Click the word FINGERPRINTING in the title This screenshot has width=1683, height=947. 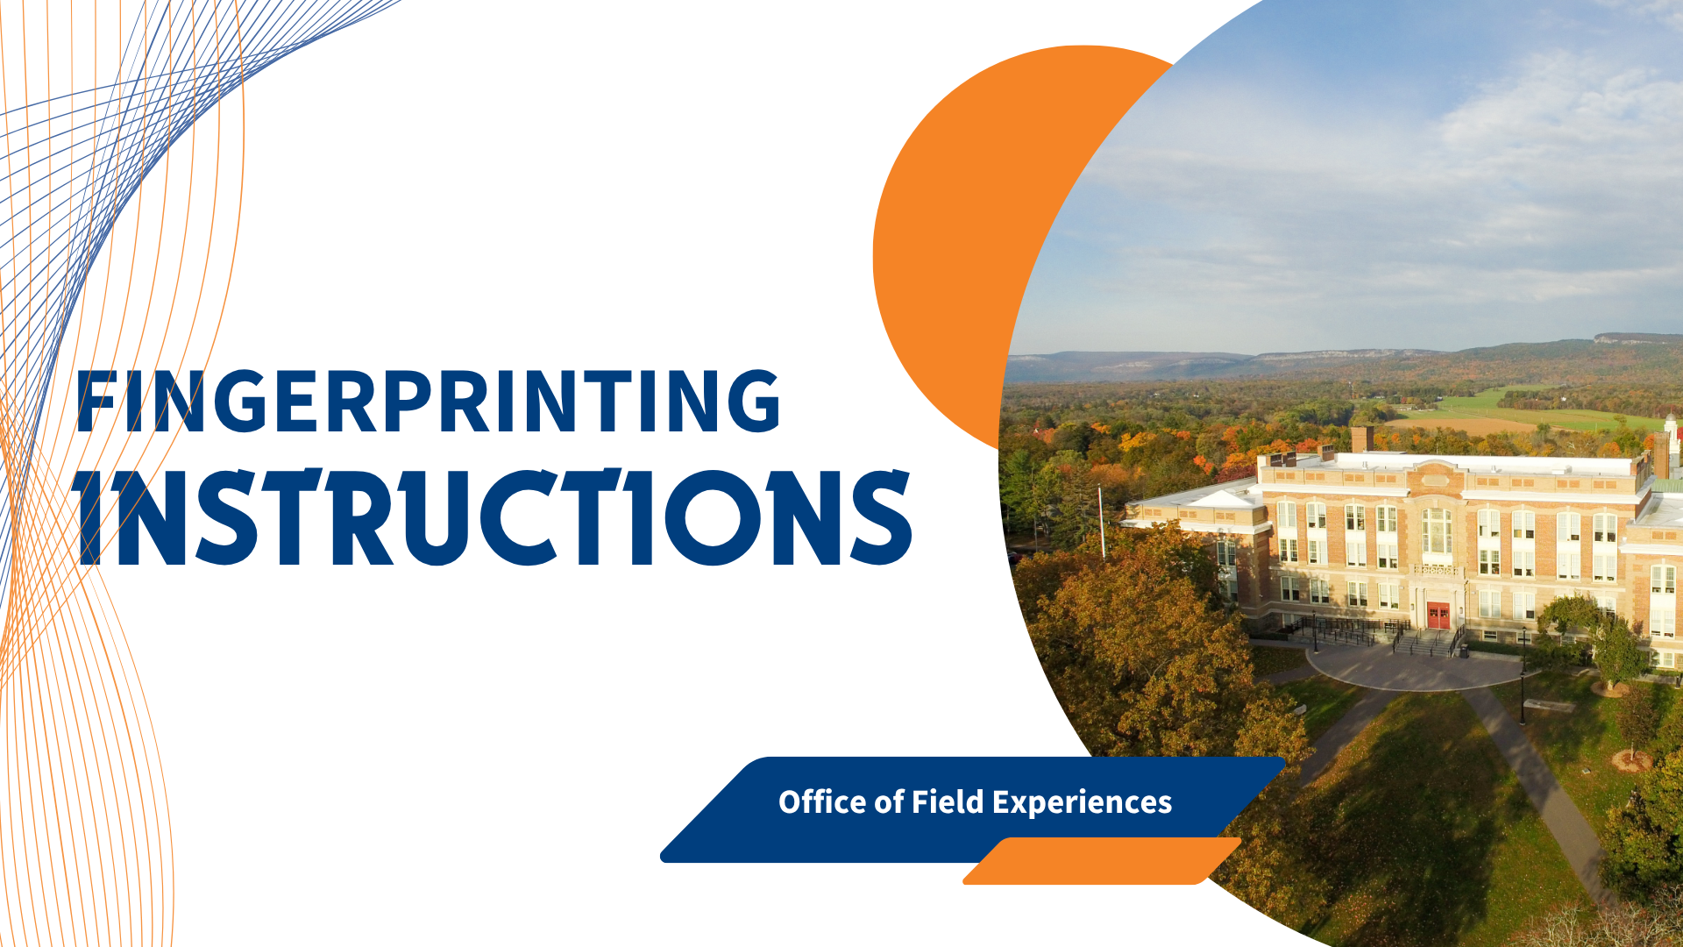[429, 401]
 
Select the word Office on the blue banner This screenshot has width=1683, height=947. [811, 801]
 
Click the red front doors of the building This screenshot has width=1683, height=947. [1438, 616]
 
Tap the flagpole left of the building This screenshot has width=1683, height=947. [1101, 523]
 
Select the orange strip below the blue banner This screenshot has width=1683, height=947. [1103, 861]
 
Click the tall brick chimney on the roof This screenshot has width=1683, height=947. [1361, 439]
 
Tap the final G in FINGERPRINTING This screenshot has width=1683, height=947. [749, 401]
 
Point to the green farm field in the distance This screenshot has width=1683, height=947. [1525, 410]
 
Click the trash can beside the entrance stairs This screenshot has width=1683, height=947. [1463, 652]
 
